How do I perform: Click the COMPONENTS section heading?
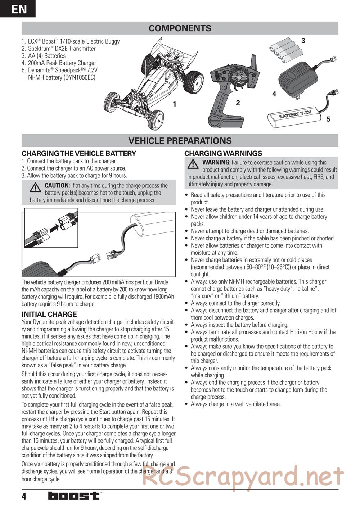click(180, 28)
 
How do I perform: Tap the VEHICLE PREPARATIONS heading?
click(180, 141)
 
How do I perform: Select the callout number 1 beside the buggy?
click(174, 104)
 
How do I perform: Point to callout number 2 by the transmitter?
click(238, 103)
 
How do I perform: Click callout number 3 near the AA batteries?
click(303, 41)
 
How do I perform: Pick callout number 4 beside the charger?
click(274, 94)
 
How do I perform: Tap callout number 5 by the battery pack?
click(328, 119)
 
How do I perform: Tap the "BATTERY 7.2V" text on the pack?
click(294, 115)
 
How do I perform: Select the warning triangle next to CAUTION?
click(35, 187)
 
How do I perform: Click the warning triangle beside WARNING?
click(193, 164)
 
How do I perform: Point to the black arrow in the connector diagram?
click(53, 227)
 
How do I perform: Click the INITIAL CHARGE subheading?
click(49, 314)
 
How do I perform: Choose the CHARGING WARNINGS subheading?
click(223, 153)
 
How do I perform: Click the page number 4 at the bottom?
click(24, 497)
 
